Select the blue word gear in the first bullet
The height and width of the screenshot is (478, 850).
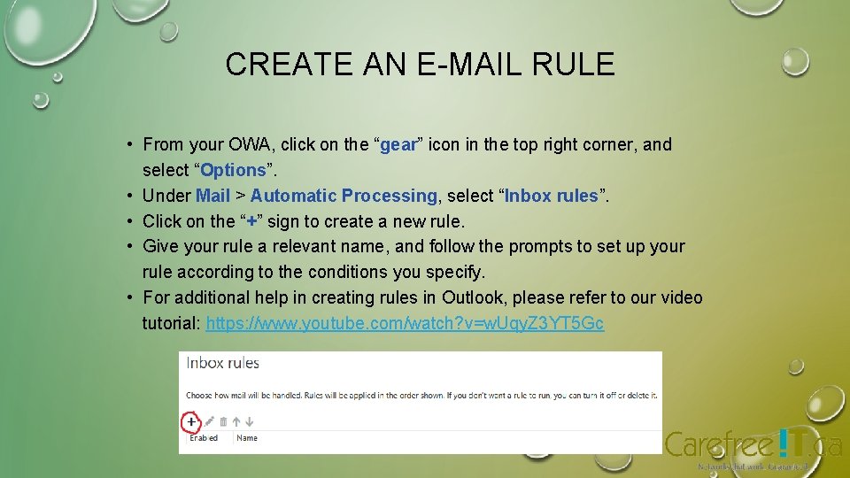coord(398,144)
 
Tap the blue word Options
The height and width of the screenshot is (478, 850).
coord(234,170)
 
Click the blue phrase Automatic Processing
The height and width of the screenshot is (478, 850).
coord(344,196)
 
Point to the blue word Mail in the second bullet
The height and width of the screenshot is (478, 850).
coord(212,196)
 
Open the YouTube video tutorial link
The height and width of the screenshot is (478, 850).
coord(405,323)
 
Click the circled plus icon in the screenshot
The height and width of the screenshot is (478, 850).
coord(191,422)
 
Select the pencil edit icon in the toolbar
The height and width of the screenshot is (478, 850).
coord(209,422)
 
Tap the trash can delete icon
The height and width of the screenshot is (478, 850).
coord(224,422)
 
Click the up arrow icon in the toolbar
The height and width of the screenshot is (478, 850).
coord(236,422)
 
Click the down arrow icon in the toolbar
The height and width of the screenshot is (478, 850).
coord(250,422)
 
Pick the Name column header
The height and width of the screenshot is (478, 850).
coord(247,438)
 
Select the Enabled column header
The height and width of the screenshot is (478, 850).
coord(204,438)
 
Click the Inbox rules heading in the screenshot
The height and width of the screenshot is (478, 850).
coord(221,363)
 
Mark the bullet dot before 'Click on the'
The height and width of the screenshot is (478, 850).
coord(129,221)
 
